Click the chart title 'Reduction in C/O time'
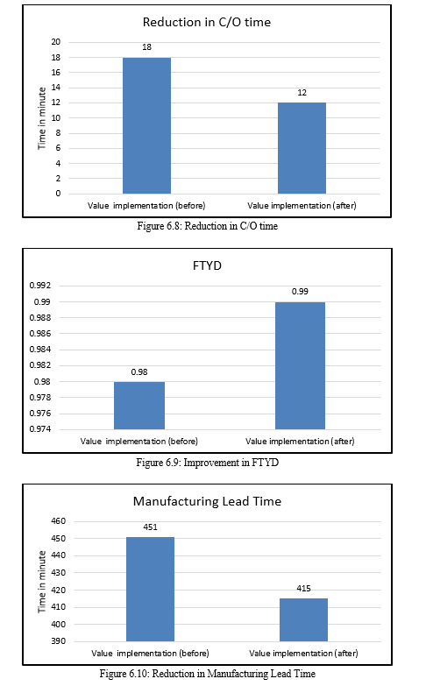click(x=207, y=22)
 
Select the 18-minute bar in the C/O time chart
click(x=146, y=125)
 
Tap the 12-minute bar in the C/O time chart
click(x=302, y=148)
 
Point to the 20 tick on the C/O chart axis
click(x=56, y=42)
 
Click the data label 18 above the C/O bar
click(x=146, y=47)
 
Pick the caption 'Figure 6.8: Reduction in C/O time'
click(x=207, y=226)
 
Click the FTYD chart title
click(x=207, y=266)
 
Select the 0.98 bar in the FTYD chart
click(x=139, y=406)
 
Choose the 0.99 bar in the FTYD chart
click(x=300, y=365)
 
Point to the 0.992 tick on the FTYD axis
click(x=39, y=286)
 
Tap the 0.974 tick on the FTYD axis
click(x=39, y=429)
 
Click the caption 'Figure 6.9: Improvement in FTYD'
click(x=207, y=463)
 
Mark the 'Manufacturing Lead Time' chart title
click(x=207, y=501)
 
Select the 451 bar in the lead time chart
click(x=150, y=590)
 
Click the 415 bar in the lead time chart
click(x=303, y=620)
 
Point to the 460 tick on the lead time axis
click(x=58, y=521)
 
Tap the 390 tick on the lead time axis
click(x=58, y=641)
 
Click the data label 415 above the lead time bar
click(x=303, y=589)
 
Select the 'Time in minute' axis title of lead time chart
click(x=42, y=582)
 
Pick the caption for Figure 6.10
click(x=207, y=674)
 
